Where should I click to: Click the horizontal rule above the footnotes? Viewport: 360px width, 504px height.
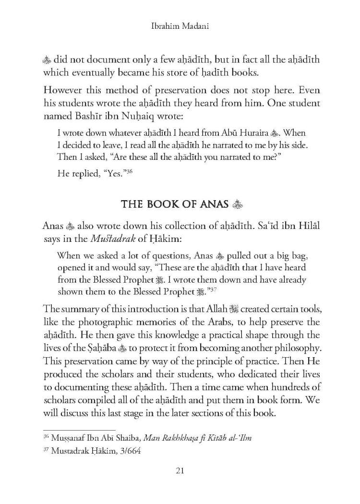[x=79, y=430]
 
